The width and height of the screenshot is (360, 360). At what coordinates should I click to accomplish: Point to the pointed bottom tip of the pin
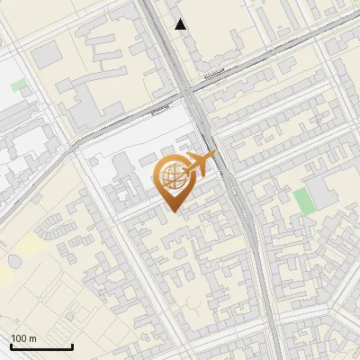click(174, 211)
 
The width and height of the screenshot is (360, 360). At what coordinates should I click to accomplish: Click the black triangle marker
click(181, 24)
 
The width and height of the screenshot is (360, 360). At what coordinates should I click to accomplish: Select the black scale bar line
click(41, 346)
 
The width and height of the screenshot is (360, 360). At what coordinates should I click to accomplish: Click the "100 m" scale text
click(23, 338)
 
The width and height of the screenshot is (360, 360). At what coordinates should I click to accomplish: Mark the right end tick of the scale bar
click(72, 345)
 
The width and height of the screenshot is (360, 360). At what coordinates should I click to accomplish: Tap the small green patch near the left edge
click(19, 85)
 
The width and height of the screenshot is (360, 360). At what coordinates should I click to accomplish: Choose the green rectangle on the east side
click(304, 202)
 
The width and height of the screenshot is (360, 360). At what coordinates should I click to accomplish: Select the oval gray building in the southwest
click(15, 260)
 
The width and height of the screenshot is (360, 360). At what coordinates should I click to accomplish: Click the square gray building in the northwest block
click(47, 56)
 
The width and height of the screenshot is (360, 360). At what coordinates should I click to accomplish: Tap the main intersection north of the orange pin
click(191, 93)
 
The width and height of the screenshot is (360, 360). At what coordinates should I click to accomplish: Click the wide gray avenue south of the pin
click(256, 270)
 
